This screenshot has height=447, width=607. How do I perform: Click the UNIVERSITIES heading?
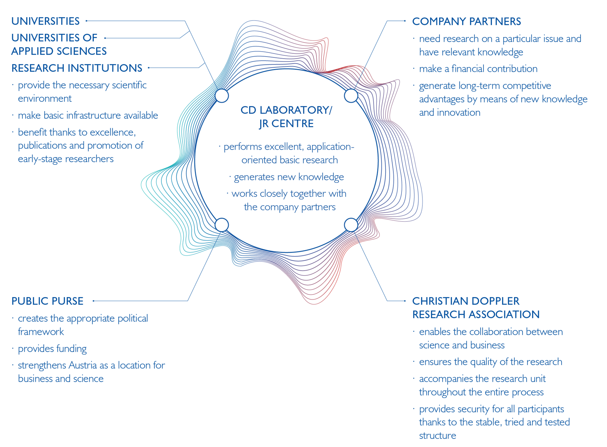pos(46,21)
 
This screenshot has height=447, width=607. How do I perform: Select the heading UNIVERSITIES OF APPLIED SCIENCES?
pos(59,44)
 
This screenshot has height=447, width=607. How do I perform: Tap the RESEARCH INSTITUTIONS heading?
pos(77,68)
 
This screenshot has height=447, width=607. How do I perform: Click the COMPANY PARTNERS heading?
pos(466,22)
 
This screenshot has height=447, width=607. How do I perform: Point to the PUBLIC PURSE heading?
pos(47,301)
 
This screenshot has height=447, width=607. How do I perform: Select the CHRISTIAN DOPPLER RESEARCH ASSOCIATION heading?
pos(476,308)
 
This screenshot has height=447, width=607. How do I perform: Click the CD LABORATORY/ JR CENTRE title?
pos(286,117)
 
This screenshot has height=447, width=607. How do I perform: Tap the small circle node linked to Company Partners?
pos(351,96)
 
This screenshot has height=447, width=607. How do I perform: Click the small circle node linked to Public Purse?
pos(222,225)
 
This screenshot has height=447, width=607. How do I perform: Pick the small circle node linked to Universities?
pos(222,96)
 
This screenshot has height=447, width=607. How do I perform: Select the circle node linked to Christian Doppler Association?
pos(351,225)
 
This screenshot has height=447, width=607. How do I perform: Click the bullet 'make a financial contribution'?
pos(478,69)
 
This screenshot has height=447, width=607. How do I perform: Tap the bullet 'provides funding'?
pos(52,349)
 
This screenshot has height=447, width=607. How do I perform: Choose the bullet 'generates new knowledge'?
pos(289,177)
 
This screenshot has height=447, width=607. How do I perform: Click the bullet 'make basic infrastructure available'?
pos(88,115)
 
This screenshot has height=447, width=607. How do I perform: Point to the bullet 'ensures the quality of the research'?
pos(491,362)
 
